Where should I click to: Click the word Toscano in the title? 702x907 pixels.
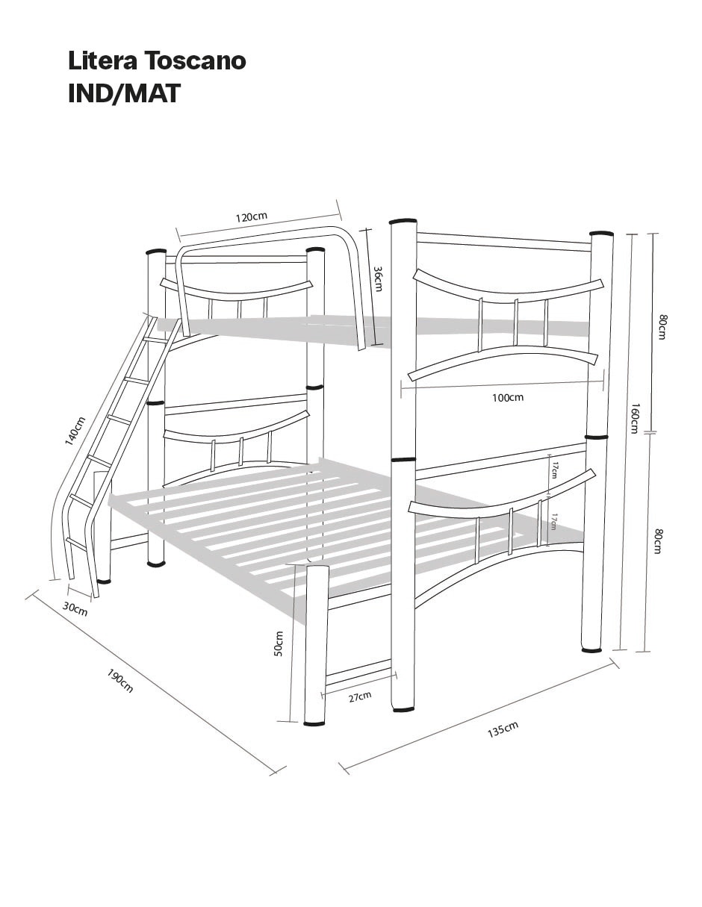pyautogui.click(x=196, y=61)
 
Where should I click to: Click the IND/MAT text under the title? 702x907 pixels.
pyautogui.click(x=124, y=93)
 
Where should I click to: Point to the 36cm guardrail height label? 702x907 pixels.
pyautogui.click(x=378, y=279)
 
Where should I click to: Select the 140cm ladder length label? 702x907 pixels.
pyautogui.click(x=75, y=431)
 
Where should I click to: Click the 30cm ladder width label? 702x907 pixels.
pyautogui.click(x=75, y=608)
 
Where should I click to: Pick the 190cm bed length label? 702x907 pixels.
pyautogui.click(x=120, y=681)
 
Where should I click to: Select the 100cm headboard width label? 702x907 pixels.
pyautogui.click(x=508, y=397)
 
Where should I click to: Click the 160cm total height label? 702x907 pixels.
pyautogui.click(x=634, y=418)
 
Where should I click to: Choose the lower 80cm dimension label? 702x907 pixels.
pyautogui.click(x=658, y=541)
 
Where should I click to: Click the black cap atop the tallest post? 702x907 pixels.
pyautogui.click(x=403, y=220)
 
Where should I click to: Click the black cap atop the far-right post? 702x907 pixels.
pyautogui.click(x=601, y=233)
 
